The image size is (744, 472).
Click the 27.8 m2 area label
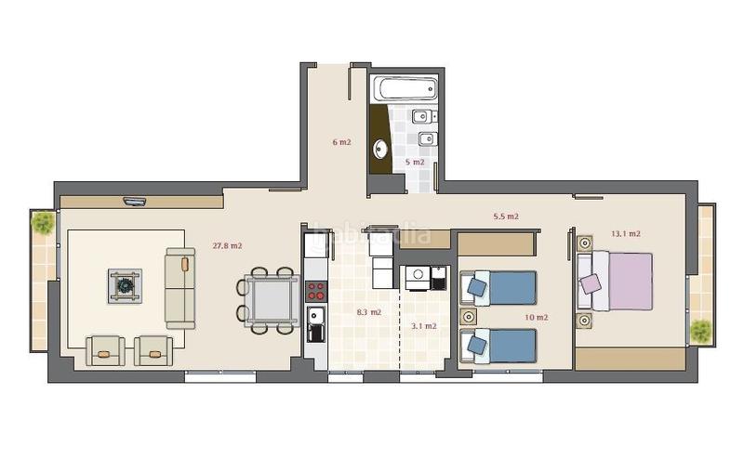pyautogui.click(x=227, y=246)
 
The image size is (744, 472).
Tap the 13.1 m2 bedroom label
pyautogui.click(x=626, y=234)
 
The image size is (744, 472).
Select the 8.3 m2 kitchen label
pyautogui.click(x=368, y=312)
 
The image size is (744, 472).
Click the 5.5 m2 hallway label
pyautogui.click(x=505, y=216)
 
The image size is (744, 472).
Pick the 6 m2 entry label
pyautogui.click(x=341, y=142)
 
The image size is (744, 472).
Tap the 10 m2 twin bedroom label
pyautogui.click(x=536, y=317)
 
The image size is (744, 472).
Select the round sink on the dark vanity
pyautogui.click(x=380, y=148)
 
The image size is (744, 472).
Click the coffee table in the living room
pyautogui.click(x=125, y=286)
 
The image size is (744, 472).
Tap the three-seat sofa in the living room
pyautogui.click(x=179, y=287)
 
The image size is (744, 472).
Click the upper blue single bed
pyautogui.click(x=502, y=287)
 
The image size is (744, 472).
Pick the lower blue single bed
pyautogui.click(x=502, y=346)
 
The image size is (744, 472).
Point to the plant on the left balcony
pyautogui.click(x=43, y=223)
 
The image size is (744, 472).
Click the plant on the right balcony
pyautogui.click(x=701, y=330)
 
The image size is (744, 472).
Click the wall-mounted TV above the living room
pyautogui.click(x=135, y=200)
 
